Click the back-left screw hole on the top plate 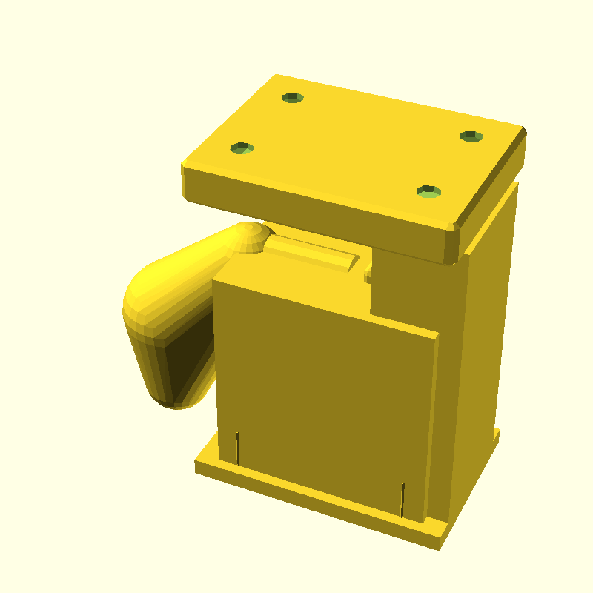coord(293,97)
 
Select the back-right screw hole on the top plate coord(471,136)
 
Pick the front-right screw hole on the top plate coord(429,192)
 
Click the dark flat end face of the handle coord(185,356)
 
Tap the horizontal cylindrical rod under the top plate coord(311,252)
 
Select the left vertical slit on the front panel coord(238,447)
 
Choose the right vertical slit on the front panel coord(402,499)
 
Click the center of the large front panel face coord(322,385)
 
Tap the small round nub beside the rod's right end coord(368,276)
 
